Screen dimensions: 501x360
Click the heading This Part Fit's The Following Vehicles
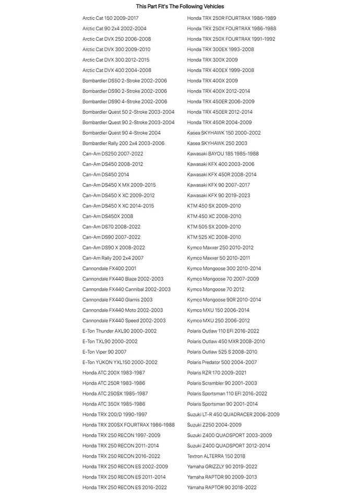click(180, 6)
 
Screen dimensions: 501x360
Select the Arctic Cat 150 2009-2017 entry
click(110, 18)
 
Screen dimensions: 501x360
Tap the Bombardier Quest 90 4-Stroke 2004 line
click(121, 133)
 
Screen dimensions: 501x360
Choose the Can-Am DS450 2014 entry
click(105, 175)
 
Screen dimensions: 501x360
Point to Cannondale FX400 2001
click(109, 268)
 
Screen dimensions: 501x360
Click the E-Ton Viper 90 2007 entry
click(104, 352)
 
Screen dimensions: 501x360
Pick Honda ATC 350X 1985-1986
click(114, 404)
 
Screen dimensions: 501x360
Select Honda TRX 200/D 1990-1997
click(115, 414)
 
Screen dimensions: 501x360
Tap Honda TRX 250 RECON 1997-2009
click(121, 435)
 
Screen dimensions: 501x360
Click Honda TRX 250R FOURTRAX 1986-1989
click(232, 18)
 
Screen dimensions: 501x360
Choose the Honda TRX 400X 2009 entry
click(212, 81)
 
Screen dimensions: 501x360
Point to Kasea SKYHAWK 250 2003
click(217, 144)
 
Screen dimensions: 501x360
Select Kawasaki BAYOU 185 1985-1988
click(223, 154)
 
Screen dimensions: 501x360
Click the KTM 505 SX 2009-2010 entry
click(214, 226)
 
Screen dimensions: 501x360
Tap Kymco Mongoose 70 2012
click(215, 289)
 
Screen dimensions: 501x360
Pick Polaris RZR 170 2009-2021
click(217, 373)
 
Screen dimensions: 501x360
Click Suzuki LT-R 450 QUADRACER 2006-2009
click(233, 414)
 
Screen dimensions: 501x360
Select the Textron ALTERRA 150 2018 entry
click(216, 456)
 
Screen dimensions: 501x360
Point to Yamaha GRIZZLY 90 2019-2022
click(222, 467)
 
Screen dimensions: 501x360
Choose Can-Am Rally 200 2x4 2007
click(113, 258)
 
